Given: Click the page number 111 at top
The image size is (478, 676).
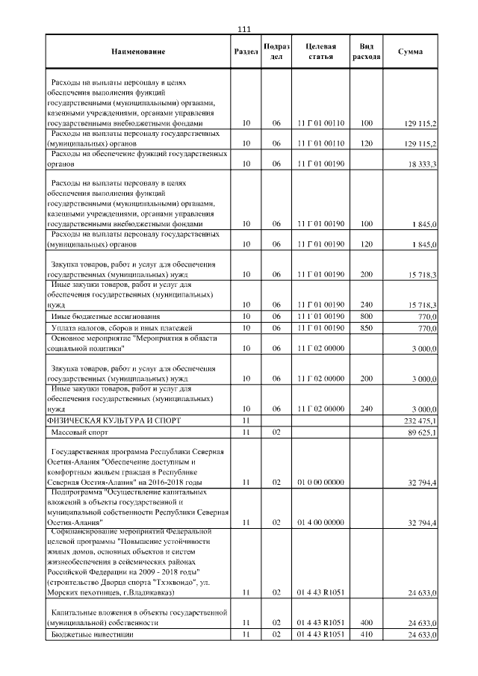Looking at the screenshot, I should tap(243, 29).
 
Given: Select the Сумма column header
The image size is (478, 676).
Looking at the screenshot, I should tap(410, 52).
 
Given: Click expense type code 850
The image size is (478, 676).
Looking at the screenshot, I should tap(366, 328).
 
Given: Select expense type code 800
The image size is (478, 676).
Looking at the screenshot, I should tap(366, 317).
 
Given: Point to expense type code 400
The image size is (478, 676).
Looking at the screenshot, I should tap(366, 621).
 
